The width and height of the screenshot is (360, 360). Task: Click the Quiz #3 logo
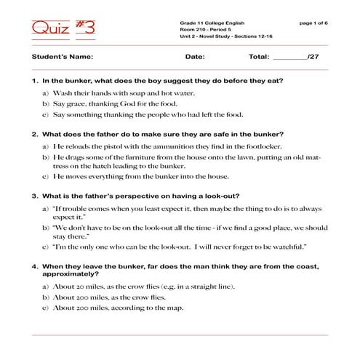point(63,29)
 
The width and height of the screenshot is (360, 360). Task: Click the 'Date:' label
point(195,56)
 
